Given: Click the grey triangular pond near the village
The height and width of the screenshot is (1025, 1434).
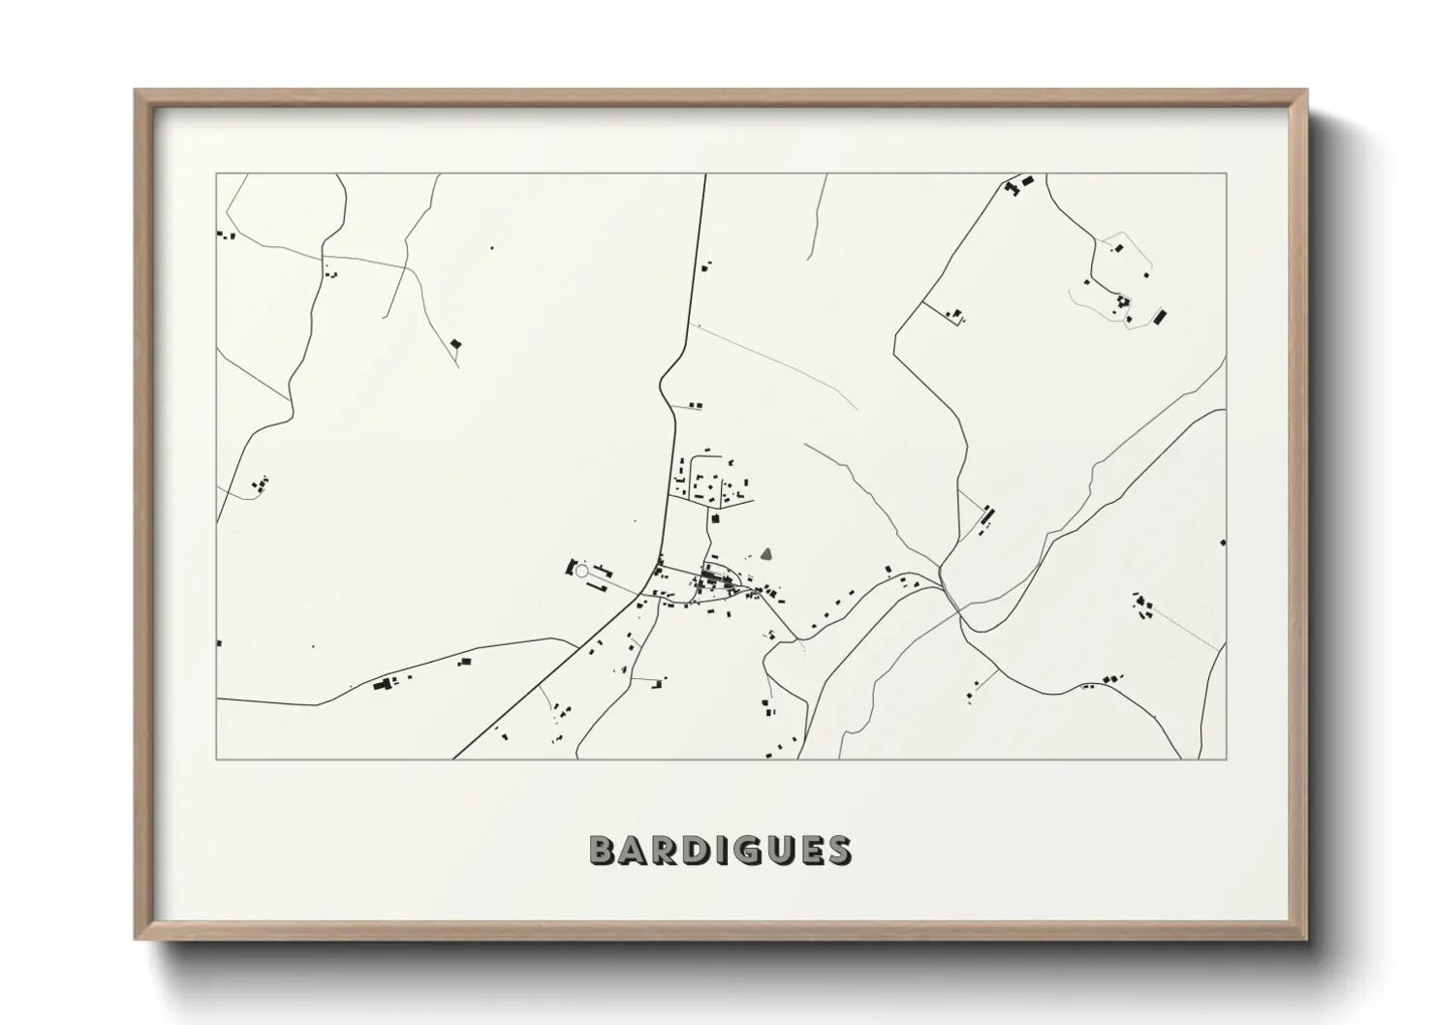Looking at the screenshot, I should [766, 555].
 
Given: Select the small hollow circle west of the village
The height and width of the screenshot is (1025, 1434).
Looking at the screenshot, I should [581, 573].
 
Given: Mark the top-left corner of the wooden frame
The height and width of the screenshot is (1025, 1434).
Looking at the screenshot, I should [137, 91].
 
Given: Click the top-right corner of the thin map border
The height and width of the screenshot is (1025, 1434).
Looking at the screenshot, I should [1226, 174].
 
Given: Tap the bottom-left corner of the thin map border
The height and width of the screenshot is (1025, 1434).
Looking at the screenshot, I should [217, 759].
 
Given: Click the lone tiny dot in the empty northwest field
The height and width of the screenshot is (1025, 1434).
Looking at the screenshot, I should [491, 248].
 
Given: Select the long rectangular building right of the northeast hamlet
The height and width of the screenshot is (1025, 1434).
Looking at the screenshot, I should [1159, 316].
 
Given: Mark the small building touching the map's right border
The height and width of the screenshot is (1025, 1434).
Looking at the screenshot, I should [1223, 543].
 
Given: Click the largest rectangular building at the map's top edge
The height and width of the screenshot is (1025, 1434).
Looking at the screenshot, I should [1028, 180].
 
